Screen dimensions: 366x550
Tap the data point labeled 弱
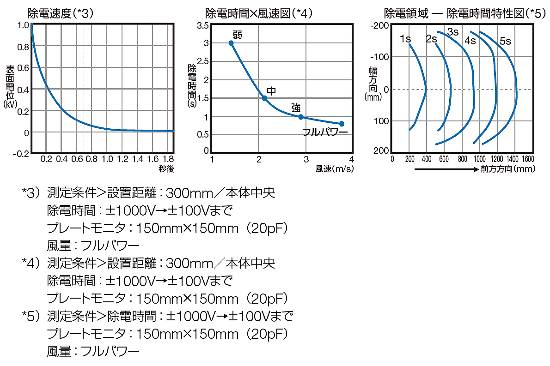pos(231,43)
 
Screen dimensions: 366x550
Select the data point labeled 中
pos(264,98)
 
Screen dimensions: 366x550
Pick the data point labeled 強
pos(301,117)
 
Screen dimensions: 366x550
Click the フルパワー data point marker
pos(342,124)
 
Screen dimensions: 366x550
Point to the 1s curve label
pos(405,40)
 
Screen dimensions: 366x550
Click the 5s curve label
pos(505,41)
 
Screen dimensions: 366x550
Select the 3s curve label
pos(453,32)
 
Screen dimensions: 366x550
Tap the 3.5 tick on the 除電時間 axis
pos(203,25)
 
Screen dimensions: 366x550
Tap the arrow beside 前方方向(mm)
pos(446,169)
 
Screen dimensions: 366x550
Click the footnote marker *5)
pos(32,317)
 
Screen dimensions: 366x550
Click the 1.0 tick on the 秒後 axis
pos(107,159)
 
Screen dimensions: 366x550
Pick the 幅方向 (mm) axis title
pos(373,84)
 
